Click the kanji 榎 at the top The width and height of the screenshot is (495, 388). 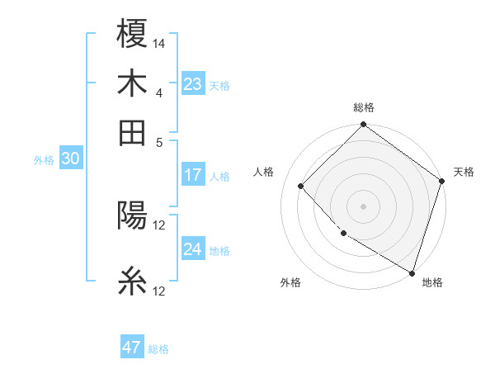pos(132,35)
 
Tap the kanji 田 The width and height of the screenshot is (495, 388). pos(132,132)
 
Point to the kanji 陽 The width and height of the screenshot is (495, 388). pos(132,216)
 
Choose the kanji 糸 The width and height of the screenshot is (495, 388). pos(132,282)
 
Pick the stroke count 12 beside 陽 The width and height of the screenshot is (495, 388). pos(159,225)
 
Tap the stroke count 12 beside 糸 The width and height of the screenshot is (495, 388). pos(159,291)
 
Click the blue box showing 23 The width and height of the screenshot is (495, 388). pos(193,83)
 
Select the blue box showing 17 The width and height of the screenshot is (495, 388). pos(193,175)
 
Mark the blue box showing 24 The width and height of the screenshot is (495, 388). pos(193,249)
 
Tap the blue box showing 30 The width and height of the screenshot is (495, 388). pos(70,159)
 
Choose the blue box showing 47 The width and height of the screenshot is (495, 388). pos(132,348)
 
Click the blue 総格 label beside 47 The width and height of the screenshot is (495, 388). pos(158,349)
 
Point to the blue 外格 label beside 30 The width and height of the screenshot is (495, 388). pos(44,160)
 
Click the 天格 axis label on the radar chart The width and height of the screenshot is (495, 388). pos(464,172)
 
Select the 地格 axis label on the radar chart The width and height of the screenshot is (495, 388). pos(432,282)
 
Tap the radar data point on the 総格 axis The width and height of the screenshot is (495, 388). pos(363,125)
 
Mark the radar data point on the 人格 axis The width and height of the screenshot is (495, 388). pos(301,186)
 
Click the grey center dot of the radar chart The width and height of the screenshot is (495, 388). pos(363,206)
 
